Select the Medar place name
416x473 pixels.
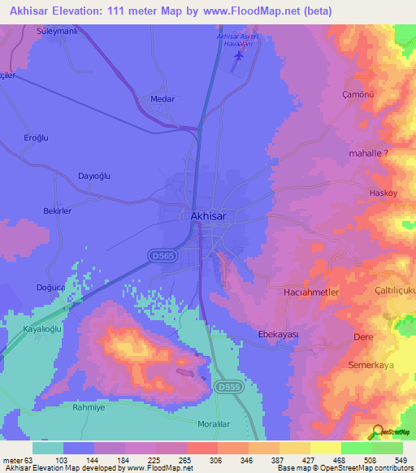tap(163, 99)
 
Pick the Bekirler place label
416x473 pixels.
tap(58, 210)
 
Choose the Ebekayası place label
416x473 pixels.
tap(278, 335)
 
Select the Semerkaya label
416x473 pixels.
tap(370, 366)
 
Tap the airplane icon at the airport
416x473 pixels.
tap(237, 56)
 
